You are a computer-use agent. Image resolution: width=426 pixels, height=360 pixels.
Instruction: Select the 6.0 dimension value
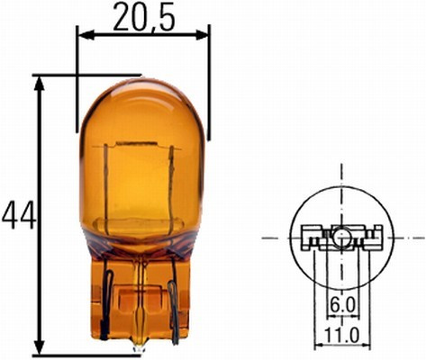pos(341,306)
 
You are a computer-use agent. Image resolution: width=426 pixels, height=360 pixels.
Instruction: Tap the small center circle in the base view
pos(342,238)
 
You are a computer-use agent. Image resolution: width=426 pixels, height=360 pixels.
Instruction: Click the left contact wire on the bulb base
pos(106,301)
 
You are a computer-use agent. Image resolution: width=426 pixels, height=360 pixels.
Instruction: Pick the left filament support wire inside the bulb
pos(109,189)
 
